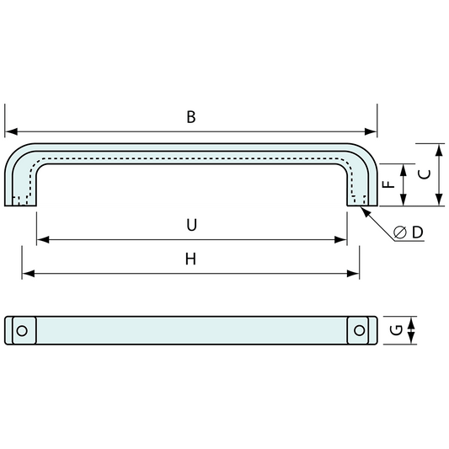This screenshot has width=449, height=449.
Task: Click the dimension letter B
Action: tap(191, 117)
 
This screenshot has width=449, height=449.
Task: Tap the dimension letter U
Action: tap(191, 225)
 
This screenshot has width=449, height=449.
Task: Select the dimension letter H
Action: tap(190, 259)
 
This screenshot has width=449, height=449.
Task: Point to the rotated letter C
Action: tap(425, 174)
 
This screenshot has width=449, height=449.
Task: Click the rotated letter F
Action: tap(389, 184)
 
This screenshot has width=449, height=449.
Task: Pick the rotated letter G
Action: tap(396, 330)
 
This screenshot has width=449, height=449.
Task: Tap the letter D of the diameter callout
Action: tap(418, 232)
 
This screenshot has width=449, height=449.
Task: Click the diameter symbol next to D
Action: tap(400, 232)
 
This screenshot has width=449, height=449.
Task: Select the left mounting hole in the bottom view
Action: tap(22, 331)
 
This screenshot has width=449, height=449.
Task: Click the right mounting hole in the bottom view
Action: tap(360, 330)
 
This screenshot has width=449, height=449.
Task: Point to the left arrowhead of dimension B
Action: tap(11, 131)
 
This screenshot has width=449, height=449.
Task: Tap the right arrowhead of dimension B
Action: tap(371, 131)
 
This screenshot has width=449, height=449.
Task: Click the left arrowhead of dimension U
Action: tap(43, 240)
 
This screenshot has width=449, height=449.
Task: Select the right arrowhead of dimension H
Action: tap(353, 274)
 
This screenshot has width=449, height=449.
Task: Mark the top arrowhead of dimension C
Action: tap(439, 150)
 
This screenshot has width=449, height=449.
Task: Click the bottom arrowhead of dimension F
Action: tap(404, 200)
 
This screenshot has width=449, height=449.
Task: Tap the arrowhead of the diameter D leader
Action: tap(365, 211)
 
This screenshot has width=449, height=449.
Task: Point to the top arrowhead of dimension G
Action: tap(411, 323)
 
